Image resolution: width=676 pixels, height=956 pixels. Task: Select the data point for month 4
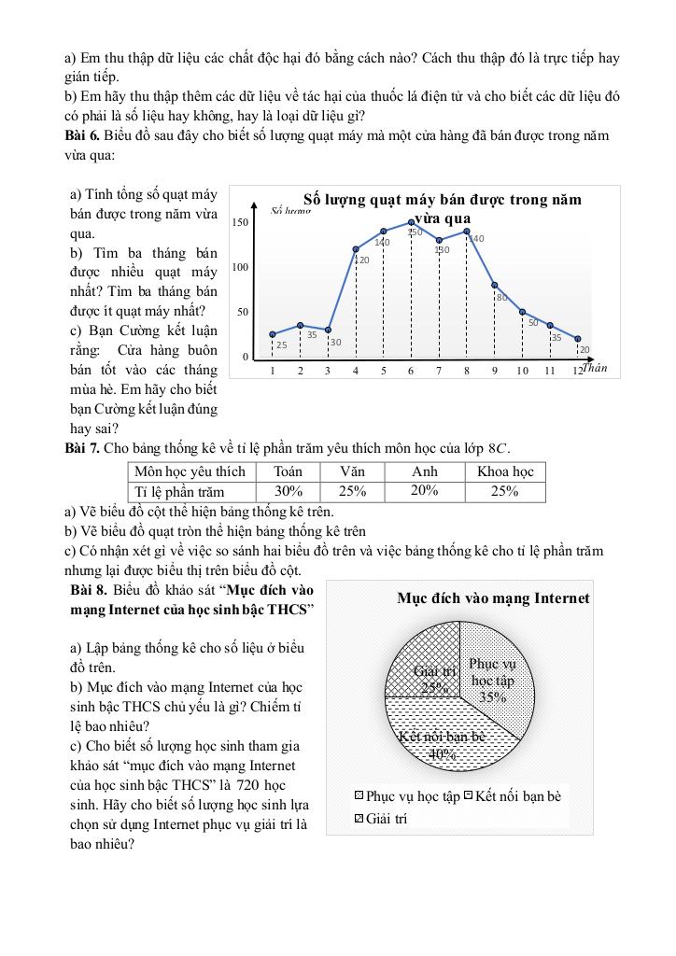tap(356, 249)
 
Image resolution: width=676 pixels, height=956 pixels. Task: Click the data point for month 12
tap(578, 339)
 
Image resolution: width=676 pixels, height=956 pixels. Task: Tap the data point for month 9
tap(494, 285)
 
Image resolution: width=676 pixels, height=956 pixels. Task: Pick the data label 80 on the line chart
tap(501, 298)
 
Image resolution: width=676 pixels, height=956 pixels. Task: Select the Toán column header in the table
tap(289, 471)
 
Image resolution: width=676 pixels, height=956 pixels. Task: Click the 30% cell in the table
tap(289, 491)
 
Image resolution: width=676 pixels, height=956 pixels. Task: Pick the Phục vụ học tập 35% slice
tap(495, 677)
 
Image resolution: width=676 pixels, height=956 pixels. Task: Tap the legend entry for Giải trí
tap(382, 819)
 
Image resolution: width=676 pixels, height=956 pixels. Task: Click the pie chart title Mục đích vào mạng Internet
tap(493, 598)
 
